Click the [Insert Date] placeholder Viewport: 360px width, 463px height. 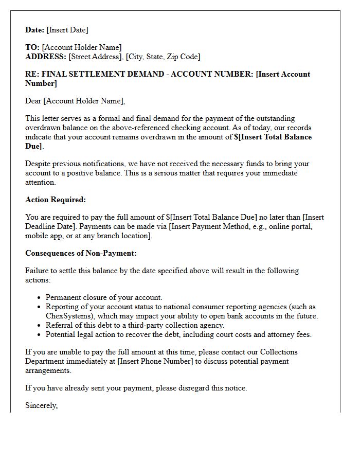click(x=67, y=30)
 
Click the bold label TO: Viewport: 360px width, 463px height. click(x=32, y=47)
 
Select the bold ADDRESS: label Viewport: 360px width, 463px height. click(x=46, y=57)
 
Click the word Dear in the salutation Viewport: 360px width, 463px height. click(x=33, y=101)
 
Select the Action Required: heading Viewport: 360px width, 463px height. click(x=56, y=200)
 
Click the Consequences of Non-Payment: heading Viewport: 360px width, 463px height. click(x=81, y=253)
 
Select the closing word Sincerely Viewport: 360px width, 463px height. click(x=41, y=405)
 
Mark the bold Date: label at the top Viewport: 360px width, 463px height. click(x=35, y=30)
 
